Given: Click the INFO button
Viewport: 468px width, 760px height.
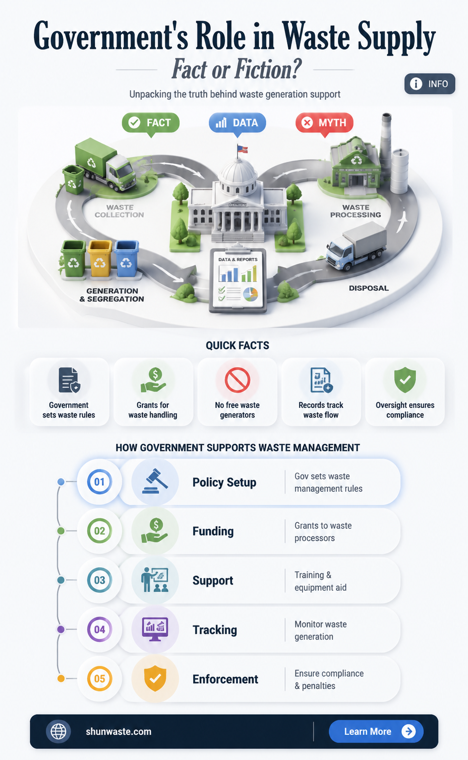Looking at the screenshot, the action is pyautogui.click(x=429, y=84).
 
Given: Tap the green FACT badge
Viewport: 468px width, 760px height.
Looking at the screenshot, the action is pyautogui.click(x=151, y=123).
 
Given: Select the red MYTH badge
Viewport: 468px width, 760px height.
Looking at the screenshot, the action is pyautogui.click(x=324, y=123).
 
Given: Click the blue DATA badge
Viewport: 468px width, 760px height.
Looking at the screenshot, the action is pyautogui.click(x=237, y=123).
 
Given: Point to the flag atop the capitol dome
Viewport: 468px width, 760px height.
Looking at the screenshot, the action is pyautogui.click(x=242, y=149).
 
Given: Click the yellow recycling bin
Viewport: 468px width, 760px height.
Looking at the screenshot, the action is pyautogui.click(x=100, y=258).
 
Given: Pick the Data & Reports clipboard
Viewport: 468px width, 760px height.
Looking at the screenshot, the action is pyautogui.click(x=238, y=280).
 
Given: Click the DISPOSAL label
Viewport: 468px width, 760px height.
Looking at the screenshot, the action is pyautogui.click(x=369, y=288).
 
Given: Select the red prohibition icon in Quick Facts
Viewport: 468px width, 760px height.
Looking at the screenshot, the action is pyautogui.click(x=237, y=380).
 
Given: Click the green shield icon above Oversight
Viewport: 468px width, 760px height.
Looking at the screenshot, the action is pyautogui.click(x=405, y=380).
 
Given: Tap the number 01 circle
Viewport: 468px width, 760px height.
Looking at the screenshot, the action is pyautogui.click(x=99, y=482).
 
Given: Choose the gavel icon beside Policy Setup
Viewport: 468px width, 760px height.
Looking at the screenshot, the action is pyautogui.click(x=155, y=481).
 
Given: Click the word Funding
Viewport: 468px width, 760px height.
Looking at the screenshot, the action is pyautogui.click(x=213, y=531).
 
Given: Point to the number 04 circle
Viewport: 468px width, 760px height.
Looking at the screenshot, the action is pyautogui.click(x=99, y=629).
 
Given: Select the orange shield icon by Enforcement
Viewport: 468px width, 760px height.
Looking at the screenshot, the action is pyautogui.click(x=155, y=679).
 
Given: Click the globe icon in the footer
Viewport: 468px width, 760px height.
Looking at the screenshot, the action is pyautogui.click(x=58, y=731).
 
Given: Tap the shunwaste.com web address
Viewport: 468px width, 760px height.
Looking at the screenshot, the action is pyautogui.click(x=118, y=731).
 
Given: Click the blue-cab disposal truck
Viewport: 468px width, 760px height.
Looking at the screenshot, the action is pyautogui.click(x=356, y=246).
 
